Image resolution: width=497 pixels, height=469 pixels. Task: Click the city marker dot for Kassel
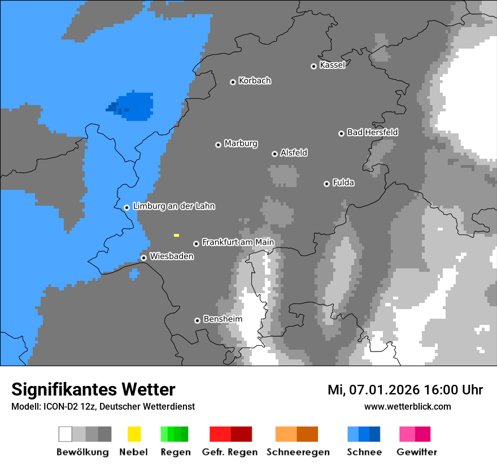point(313,66)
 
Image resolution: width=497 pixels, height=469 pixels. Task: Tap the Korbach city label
point(255,81)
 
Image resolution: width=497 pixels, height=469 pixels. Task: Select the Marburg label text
point(241,144)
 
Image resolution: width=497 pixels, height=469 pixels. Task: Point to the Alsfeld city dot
point(274,154)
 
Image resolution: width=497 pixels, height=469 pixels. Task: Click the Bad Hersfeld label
point(372,132)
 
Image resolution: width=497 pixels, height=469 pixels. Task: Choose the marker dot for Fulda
point(326,184)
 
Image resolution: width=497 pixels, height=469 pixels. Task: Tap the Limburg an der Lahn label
point(173,206)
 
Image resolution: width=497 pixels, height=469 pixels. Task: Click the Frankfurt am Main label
point(238,242)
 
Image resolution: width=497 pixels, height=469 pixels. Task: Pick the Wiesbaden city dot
point(143,258)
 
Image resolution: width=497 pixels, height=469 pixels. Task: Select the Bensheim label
point(223,319)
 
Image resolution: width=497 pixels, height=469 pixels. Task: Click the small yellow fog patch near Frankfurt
point(176,235)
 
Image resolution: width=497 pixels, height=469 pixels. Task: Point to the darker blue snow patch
point(133,106)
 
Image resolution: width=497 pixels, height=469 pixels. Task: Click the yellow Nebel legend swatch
point(134,434)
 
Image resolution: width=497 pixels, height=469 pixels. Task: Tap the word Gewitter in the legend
point(416,452)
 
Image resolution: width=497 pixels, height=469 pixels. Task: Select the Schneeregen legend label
point(298,452)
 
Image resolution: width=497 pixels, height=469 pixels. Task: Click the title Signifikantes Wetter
point(93,389)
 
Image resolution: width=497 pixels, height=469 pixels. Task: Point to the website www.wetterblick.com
point(407,406)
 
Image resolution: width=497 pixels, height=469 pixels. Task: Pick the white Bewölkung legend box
point(66,434)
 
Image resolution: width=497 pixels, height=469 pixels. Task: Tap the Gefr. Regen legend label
point(229,452)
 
